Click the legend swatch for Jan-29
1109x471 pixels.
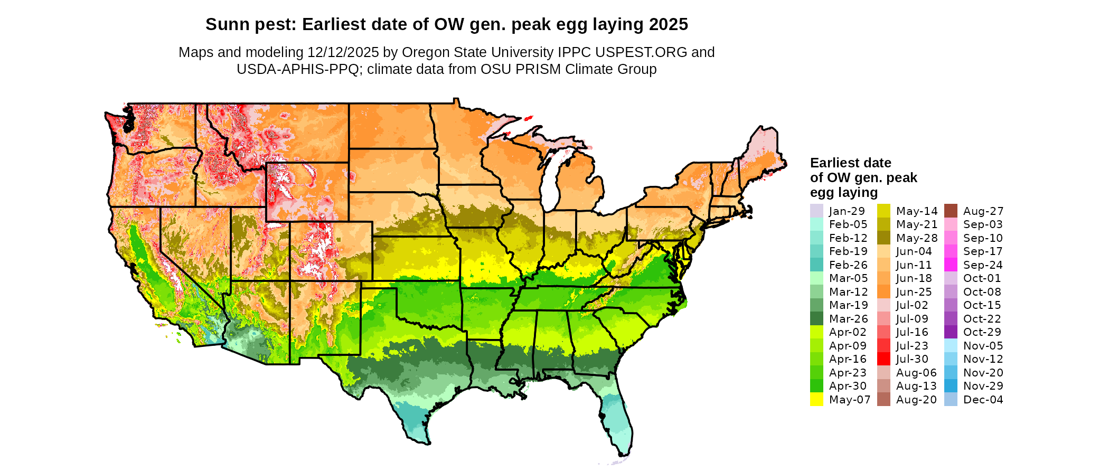(x=816, y=211)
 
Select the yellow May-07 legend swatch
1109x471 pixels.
(x=816, y=399)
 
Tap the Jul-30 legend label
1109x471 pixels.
(x=912, y=359)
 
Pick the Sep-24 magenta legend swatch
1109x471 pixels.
(x=951, y=265)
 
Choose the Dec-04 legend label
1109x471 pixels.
(x=983, y=400)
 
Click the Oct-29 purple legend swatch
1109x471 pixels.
(x=951, y=332)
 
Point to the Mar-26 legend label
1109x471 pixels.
(x=848, y=319)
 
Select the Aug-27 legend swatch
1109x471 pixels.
(x=951, y=211)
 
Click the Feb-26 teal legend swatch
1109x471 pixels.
(x=816, y=265)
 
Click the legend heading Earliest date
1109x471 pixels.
(x=850, y=163)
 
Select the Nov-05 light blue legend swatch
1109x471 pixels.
(x=951, y=346)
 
